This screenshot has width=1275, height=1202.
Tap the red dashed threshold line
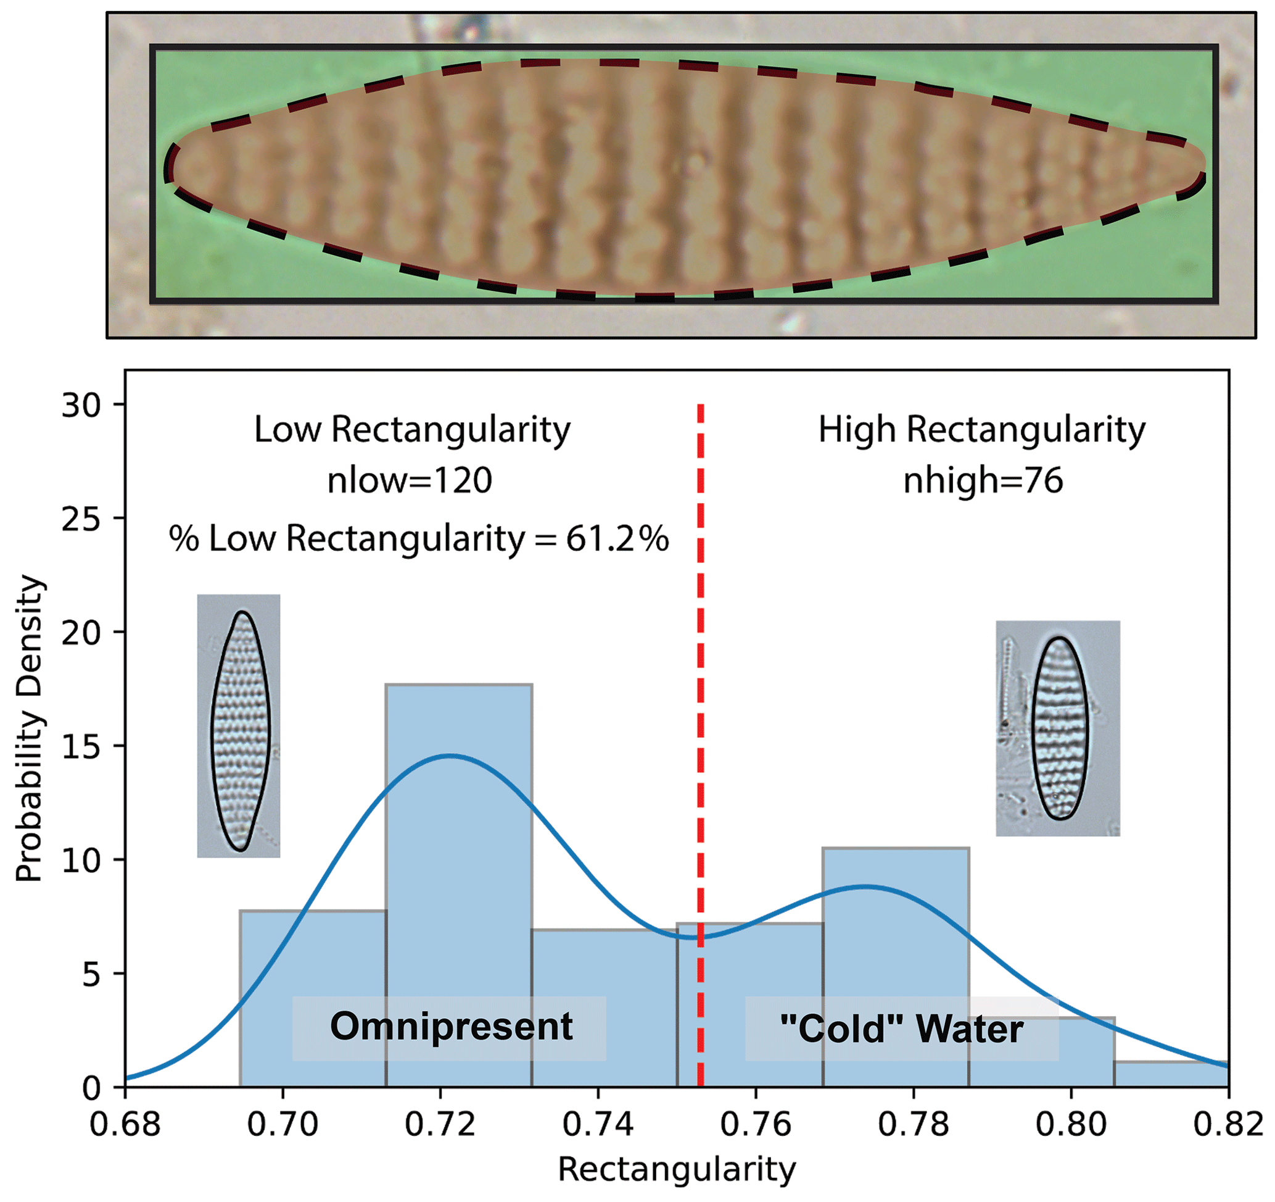pyautogui.click(x=700, y=642)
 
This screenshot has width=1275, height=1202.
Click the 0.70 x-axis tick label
pyautogui.click(x=283, y=1125)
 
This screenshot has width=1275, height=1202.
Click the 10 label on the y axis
pyautogui.click(x=81, y=861)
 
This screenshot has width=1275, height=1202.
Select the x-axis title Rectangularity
pyautogui.click(x=677, y=1169)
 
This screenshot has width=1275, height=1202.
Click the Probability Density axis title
pyautogui.click(x=30, y=728)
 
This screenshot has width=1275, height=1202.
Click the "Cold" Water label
pyautogui.click(x=901, y=1029)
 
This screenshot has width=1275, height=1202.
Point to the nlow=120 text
pyautogui.click(x=409, y=481)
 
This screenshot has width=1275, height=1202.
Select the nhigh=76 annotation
pyautogui.click(x=983, y=481)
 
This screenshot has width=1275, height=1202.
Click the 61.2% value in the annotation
pyautogui.click(x=617, y=538)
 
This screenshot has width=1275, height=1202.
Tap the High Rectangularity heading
pyautogui.click(x=981, y=429)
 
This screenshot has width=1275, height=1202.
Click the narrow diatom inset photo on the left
pyautogui.click(x=239, y=725)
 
